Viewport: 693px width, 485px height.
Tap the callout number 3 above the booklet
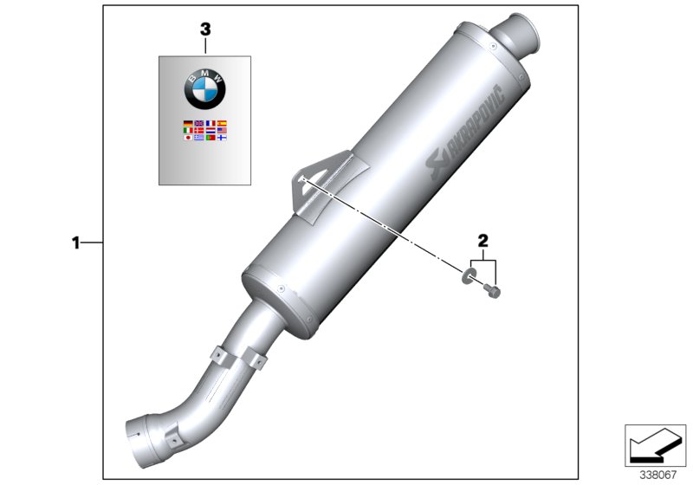click(205, 29)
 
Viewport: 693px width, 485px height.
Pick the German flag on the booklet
click(189, 124)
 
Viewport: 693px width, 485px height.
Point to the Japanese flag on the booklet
click(189, 138)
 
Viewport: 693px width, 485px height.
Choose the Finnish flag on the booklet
click(222, 138)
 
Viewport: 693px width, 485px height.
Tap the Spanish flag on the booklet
click(222, 124)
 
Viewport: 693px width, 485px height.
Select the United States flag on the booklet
click(222, 131)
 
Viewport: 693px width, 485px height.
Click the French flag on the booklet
click(210, 124)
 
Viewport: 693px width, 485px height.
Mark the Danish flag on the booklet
click(199, 131)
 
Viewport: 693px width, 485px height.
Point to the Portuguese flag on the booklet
click(210, 138)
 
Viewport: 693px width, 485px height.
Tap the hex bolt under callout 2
click(494, 291)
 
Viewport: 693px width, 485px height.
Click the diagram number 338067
click(659, 475)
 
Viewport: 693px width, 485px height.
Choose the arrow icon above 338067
click(653, 445)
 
